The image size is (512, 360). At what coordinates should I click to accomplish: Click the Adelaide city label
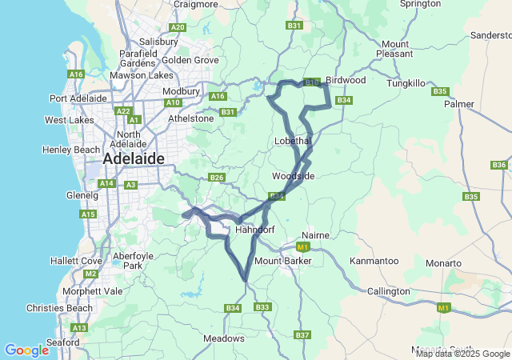point(133,158)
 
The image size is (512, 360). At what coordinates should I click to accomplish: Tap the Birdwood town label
point(346,80)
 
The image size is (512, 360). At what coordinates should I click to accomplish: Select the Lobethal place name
point(292,140)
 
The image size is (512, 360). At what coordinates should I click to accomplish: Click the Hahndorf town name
point(255,230)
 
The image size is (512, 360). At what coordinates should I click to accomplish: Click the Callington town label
point(387,291)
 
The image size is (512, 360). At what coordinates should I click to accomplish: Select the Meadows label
point(224,338)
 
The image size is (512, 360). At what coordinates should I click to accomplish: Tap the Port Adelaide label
point(78,98)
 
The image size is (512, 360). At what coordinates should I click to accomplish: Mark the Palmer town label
point(459,104)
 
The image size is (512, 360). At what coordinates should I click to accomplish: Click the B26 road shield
point(216,177)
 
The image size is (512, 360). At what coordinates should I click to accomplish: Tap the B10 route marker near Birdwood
point(312,82)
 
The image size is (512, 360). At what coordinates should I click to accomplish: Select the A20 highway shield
point(178,27)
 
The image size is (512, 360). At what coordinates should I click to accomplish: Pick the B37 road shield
point(302,334)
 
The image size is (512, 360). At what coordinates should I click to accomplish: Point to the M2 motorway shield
point(90,274)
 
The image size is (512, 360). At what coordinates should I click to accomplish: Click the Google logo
point(26,350)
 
